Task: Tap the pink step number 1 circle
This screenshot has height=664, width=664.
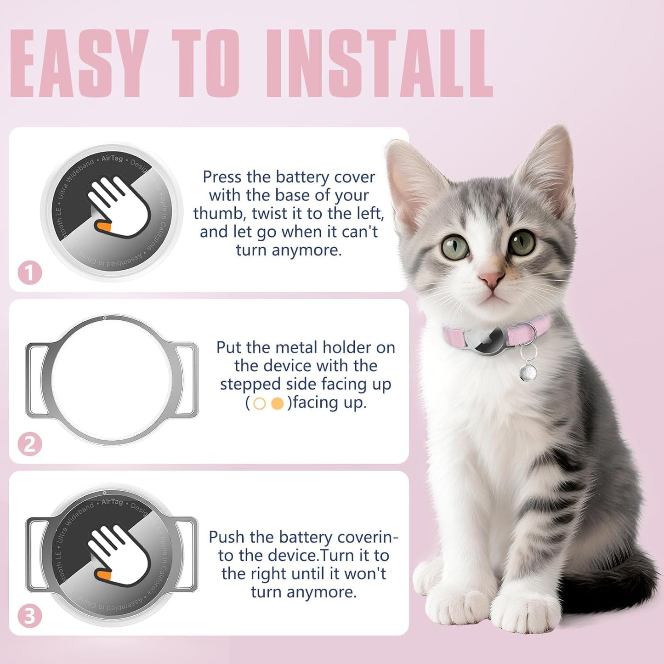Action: pos(30,273)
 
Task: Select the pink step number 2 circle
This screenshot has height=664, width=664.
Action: pos(30,444)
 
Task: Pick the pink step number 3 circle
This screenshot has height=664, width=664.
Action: pos(30,616)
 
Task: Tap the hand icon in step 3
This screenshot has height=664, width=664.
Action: pos(118,551)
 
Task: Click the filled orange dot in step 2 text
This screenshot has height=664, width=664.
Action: pos(277,404)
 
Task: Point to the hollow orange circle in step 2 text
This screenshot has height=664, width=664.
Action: pos(260,404)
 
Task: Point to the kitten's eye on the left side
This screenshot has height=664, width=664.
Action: pos(455,247)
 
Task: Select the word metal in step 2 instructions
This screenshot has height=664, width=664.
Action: pos(296,347)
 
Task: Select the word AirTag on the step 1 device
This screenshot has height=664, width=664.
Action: pos(112,159)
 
